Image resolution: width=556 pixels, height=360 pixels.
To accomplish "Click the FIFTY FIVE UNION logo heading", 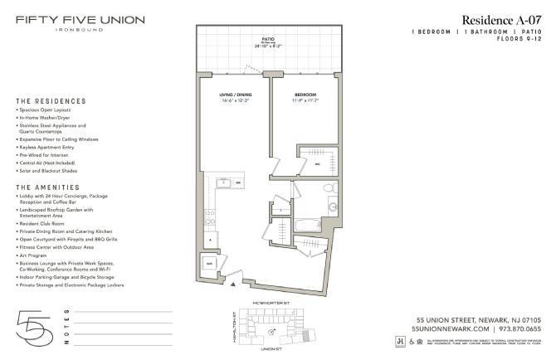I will [80, 20].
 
